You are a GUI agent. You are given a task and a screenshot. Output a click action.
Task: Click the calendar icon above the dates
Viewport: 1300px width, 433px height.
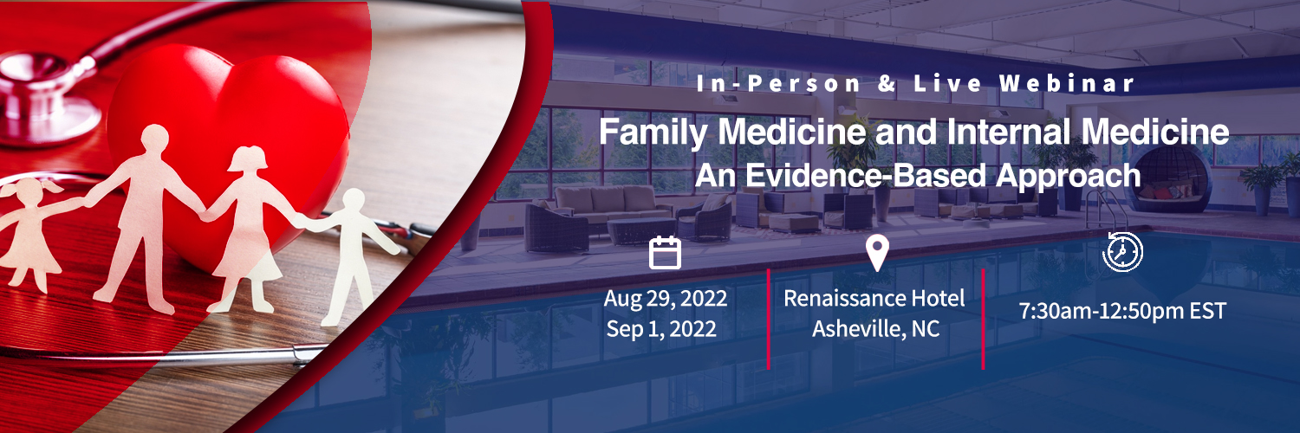click(x=665, y=253)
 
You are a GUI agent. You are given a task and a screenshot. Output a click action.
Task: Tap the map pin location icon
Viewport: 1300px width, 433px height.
click(x=877, y=253)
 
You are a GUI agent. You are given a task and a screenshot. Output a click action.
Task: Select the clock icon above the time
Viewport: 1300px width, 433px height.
click(x=1122, y=251)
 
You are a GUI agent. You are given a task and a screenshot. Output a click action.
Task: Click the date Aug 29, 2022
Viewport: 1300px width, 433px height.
click(x=665, y=299)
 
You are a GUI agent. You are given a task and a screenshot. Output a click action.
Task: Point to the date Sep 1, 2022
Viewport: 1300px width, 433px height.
click(x=661, y=329)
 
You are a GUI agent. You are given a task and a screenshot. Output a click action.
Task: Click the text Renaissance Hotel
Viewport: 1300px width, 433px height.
click(x=874, y=299)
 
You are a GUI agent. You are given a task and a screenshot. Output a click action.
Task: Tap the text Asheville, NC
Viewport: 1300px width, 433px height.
click(x=875, y=329)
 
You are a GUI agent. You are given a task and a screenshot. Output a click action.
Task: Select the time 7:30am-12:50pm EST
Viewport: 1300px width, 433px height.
click(x=1122, y=311)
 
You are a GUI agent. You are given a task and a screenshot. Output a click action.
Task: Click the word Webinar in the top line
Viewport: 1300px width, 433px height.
click(x=1067, y=83)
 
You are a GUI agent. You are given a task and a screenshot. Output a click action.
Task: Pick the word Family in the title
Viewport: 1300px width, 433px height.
click(x=653, y=132)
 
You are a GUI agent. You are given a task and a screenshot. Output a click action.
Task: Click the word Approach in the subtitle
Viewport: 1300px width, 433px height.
click(x=1068, y=177)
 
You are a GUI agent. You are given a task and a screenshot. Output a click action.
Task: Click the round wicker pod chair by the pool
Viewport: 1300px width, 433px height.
click(x=1169, y=178)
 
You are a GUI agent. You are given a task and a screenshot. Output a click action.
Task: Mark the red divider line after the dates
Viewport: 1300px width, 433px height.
click(x=769, y=319)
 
